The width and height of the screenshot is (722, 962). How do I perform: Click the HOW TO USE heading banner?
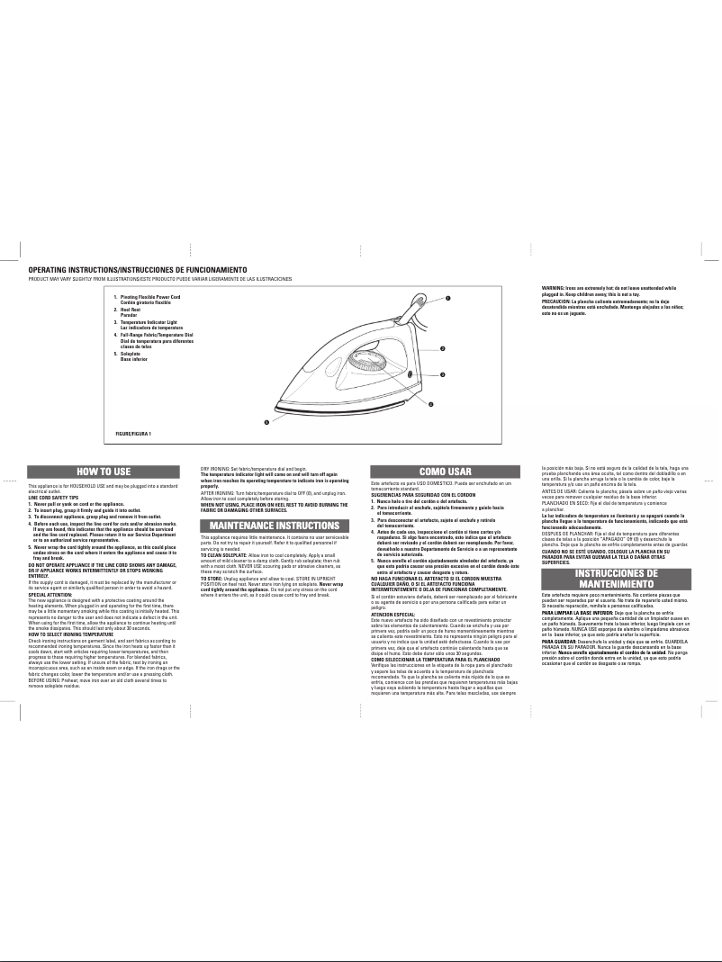[x=103, y=471]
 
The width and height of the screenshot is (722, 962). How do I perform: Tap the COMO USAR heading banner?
[x=446, y=471]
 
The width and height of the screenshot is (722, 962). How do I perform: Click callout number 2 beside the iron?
[x=442, y=349]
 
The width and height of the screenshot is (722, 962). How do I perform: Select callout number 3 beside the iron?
[x=442, y=373]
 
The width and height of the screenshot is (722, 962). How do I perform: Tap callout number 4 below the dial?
[x=430, y=404]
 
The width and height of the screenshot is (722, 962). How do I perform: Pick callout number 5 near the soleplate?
[x=266, y=421]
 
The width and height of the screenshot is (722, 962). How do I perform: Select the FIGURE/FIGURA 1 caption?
[x=133, y=435]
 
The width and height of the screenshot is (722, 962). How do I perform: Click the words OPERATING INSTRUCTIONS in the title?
[x=76, y=270]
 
